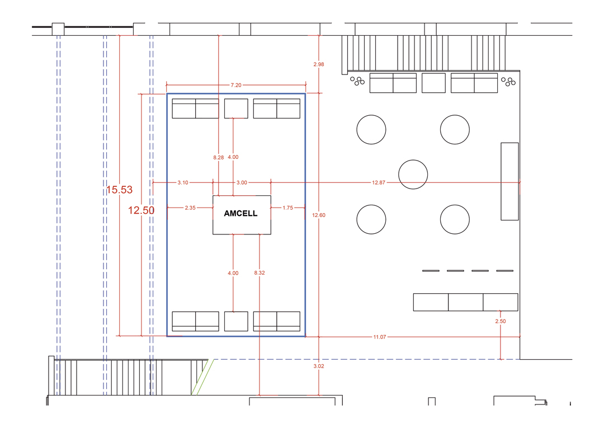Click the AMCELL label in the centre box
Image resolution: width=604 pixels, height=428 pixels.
tap(240, 213)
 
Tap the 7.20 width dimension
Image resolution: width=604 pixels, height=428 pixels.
tap(236, 85)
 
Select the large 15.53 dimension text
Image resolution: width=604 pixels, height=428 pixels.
tap(120, 190)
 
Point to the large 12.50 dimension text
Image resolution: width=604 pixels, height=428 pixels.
tap(141, 210)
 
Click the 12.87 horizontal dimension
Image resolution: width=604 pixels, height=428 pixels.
tap(378, 182)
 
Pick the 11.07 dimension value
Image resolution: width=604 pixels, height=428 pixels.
tap(379, 337)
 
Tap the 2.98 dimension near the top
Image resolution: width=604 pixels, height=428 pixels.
tap(319, 64)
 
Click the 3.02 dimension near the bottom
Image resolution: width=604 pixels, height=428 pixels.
tap(319, 366)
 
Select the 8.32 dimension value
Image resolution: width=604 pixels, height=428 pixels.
tap(259, 273)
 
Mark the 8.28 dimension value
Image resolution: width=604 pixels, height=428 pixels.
tap(219, 158)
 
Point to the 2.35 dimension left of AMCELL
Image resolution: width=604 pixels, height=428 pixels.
tap(190, 208)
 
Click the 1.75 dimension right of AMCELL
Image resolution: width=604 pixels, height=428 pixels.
tap(288, 208)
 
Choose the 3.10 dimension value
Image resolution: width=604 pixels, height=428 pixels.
tap(182, 182)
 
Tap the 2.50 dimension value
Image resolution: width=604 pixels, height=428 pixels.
tap(501, 321)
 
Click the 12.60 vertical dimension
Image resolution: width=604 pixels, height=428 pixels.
tap(319, 215)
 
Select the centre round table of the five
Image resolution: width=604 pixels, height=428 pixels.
tap(413, 175)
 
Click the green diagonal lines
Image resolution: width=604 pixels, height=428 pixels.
tap(200, 377)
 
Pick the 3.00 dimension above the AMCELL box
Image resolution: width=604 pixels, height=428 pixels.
tap(242, 182)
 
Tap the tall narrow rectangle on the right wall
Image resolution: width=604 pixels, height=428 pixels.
tap(509, 181)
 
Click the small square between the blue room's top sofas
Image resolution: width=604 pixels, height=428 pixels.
tap(236, 109)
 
